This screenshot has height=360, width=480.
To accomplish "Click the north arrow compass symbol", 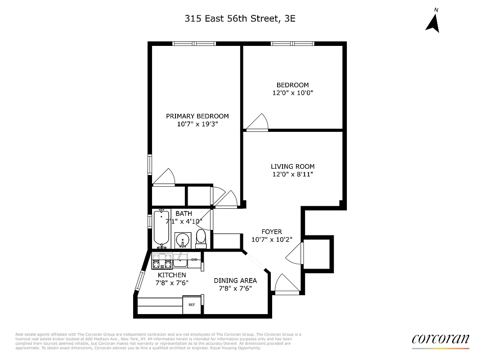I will pos(432,23).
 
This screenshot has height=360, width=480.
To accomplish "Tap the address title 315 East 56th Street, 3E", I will pos(240,18).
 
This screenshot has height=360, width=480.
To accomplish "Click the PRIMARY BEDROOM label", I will pos(197,116).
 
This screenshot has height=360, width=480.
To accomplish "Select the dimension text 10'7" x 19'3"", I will pos(197,124).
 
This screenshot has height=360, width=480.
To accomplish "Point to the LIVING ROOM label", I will pos(292,166).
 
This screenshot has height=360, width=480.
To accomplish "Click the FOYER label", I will pos(272,232).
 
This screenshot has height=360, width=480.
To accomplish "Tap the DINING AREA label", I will pos(235,280).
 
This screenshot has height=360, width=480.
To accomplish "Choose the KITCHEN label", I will pos(171,275).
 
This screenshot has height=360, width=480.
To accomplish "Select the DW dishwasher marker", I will pos(194,260).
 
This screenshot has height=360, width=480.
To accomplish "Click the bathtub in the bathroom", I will pos(161,227).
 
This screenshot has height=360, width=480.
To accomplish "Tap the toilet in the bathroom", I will pos(201,238).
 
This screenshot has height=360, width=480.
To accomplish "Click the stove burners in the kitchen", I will pos(162,260).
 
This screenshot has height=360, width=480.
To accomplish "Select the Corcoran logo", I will pos(440,340).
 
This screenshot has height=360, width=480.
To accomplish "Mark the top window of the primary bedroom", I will pos(194,44).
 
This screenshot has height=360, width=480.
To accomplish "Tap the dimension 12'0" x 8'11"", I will pos(292,174).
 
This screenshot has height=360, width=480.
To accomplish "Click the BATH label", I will pos(184,213).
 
